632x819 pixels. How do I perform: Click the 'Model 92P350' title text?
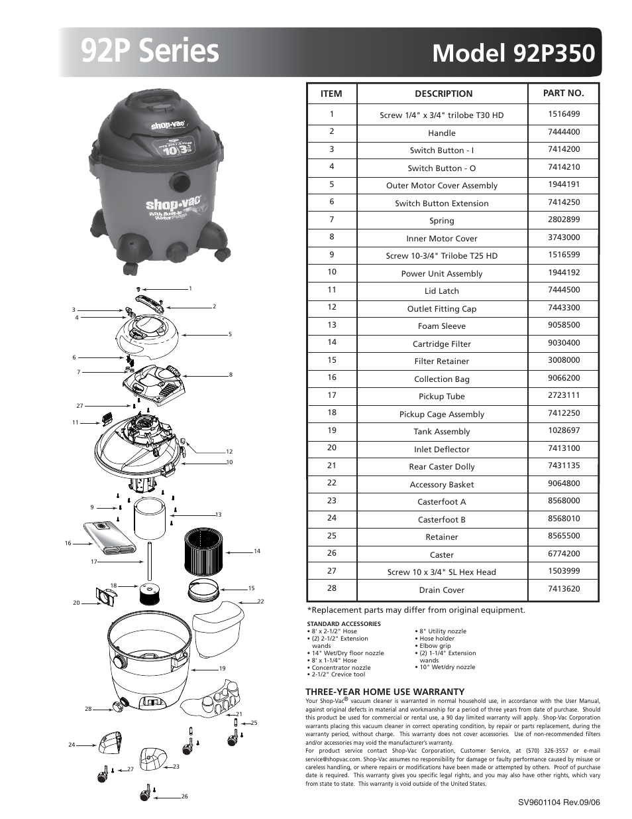pos(513,53)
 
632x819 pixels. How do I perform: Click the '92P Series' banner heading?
pos(150,52)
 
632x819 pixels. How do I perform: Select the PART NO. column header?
pos(563,94)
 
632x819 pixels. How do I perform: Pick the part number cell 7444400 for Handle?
pos(563,132)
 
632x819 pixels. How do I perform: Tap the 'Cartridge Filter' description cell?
pos(441,344)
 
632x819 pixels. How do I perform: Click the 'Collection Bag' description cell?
pos(441,379)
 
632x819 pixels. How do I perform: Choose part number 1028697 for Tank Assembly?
pos(563,430)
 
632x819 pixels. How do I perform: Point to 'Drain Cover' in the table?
pos(441,590)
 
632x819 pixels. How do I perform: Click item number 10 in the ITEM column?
pos(331,272)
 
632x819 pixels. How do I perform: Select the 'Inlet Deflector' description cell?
pos(441,450)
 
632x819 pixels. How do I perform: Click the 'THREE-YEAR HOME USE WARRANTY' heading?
pos(384,692)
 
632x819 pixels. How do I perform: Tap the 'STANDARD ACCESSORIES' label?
pos(343,624)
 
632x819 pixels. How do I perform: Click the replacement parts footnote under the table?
pos(415,610)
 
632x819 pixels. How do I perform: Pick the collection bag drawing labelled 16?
pos(110,538)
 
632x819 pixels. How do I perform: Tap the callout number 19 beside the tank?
pos(223,668)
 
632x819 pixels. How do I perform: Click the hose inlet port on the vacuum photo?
pos(179,180)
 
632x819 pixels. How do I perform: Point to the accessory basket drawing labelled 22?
pos(218,627)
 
